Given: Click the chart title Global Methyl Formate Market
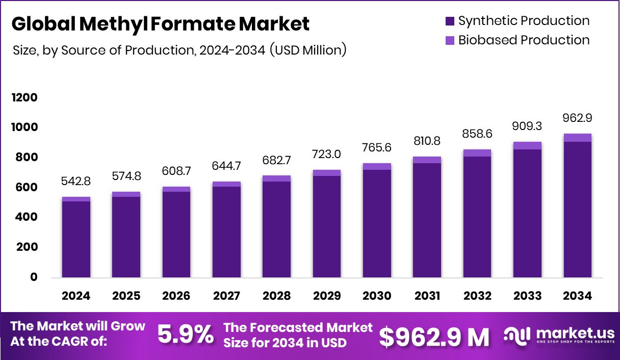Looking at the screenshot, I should click(x=160, y=24).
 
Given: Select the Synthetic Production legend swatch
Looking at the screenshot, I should click(x=450, y=21).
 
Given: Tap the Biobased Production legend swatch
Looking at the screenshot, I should click(x=450, y=40).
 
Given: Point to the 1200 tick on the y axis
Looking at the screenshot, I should click(x=24, y=97).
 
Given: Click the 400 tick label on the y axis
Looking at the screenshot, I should click(x=24, y=217).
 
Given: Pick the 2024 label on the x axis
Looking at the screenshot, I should click(x=76, y=296).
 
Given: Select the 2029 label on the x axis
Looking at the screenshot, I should click(x=327, y=296).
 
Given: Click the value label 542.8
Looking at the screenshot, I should click(x=76, y=182).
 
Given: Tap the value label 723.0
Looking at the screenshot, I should click(x=327, y=155).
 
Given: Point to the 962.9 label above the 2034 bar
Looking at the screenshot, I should click(x=578, y=118).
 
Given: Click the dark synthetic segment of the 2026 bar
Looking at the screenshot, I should click(x=176, y=235).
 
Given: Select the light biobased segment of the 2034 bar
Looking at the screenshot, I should click(x=578, y=138).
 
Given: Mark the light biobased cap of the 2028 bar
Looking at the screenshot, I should click(x=277, y=178).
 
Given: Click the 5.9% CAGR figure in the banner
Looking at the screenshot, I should click(x=185, y=335).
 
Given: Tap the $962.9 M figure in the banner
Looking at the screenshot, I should click(x=434, y=336).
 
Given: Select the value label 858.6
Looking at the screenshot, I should click(x=477, y=134).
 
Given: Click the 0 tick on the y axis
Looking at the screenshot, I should click(x=34, y=277).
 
